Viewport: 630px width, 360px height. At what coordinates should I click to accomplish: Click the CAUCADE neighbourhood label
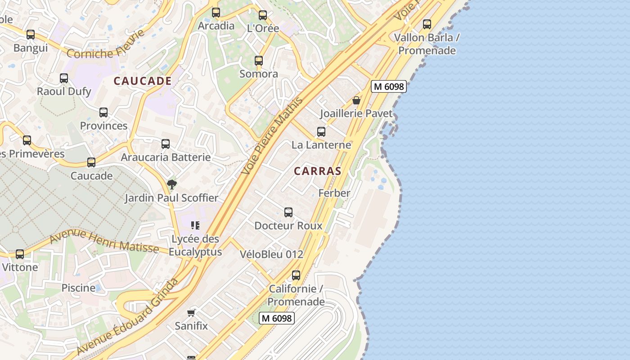pos(143,81)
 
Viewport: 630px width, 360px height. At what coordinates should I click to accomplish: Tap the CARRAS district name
pos(317,171)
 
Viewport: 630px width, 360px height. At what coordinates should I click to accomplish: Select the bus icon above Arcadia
pos(216,13)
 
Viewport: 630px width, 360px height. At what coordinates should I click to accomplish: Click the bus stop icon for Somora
pos(258,61)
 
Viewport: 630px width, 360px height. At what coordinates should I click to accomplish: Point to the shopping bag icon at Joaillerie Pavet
pos(356,100)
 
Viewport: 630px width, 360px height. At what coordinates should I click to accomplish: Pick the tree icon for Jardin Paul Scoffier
pos(171,184)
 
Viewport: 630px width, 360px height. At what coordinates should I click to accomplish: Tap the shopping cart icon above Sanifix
pos(191,313)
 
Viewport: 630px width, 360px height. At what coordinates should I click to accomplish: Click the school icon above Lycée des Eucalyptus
pos(195,225)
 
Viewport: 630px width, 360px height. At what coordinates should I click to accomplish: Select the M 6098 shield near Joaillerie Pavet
pos(389,86)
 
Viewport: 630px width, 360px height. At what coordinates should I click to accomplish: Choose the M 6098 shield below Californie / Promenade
pos(277,318)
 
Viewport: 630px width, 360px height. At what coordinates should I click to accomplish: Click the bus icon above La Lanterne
pos(321,132)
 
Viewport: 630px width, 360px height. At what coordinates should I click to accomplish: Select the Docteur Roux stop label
pos(288,225)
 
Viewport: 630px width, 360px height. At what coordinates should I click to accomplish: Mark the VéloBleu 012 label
pos(271,254)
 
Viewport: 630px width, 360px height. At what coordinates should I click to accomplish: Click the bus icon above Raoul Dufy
pos(64,78)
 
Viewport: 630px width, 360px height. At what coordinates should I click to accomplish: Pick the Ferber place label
pos(334,193)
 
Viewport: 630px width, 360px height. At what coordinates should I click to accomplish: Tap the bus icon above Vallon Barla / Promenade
pos(427,24)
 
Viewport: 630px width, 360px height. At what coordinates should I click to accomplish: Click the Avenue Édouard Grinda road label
pos(128,317)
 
